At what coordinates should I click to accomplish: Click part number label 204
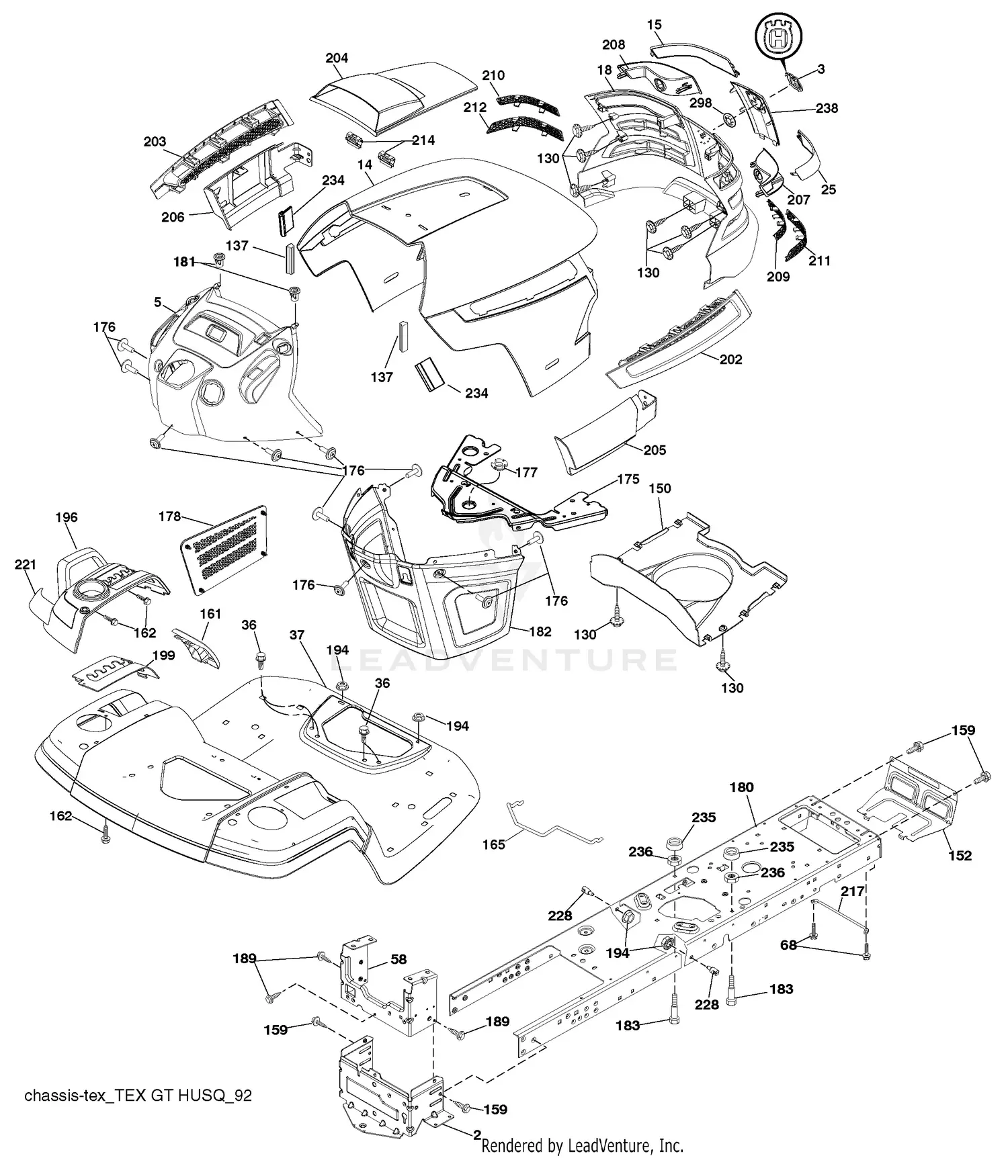(x=337, y=58)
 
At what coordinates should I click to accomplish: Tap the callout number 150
(x=660, y=488)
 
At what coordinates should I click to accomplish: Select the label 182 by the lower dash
(x=540, y=631)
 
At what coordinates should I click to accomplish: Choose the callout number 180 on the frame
(x=742, y=787)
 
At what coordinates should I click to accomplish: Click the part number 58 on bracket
(x=398, y=960)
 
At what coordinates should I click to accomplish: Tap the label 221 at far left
(x=26, y=565)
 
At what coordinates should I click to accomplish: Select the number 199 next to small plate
(x=164, y=655)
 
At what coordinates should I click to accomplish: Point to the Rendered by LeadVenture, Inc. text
(x=583, y=1145)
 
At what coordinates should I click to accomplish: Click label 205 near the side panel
(x=655, y=450)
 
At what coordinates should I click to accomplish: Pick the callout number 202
(x=730, y=359)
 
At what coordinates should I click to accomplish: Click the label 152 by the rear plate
(x=960, y=856)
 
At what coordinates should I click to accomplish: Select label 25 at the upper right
(x=829, y=189)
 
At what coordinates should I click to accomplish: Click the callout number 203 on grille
(x=155, y=142)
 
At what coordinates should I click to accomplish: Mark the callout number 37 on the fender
(x=297, y=635)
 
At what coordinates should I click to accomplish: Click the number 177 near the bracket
(x=526, y=472)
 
